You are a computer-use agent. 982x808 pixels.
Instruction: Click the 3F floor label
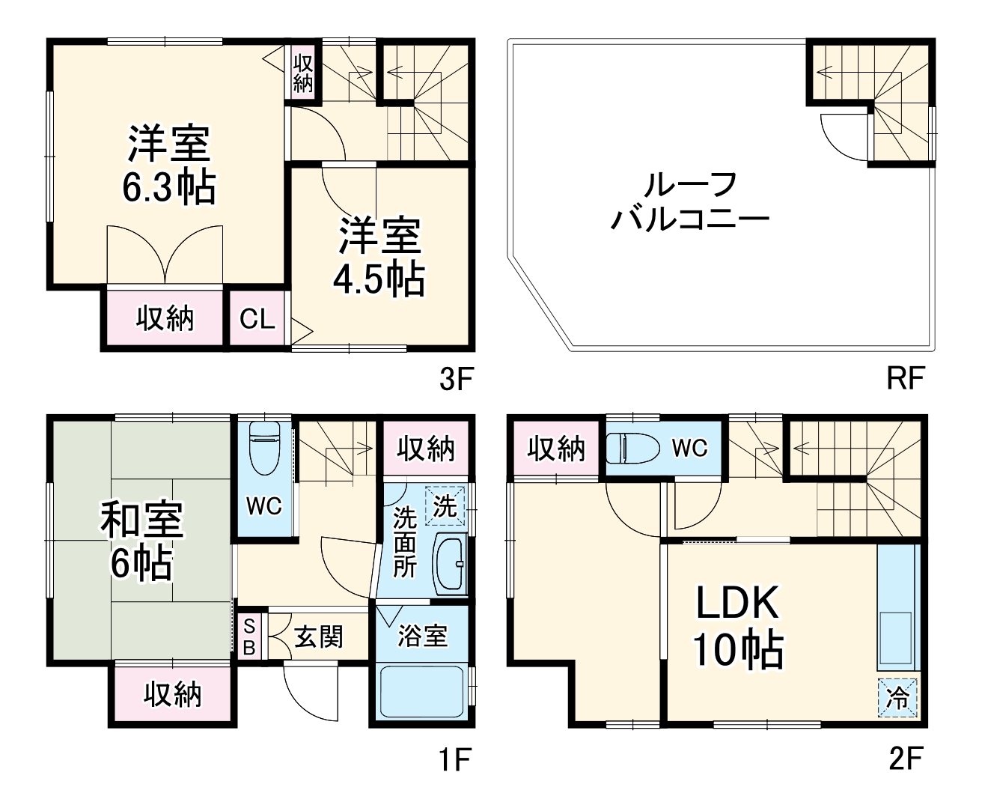coord(455,380)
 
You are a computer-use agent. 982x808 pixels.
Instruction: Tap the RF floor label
coord(905,380)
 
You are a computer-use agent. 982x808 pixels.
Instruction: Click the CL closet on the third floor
coord(257,320)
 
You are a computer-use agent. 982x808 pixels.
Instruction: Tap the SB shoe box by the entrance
coord(250,636)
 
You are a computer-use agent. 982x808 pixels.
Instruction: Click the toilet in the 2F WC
coord(632,448)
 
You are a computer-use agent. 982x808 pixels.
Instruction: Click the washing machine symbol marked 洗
coord(445,506)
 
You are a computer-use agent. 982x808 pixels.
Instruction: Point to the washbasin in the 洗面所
coord(449,565)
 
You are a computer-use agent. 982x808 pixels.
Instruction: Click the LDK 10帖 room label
coord(738,626)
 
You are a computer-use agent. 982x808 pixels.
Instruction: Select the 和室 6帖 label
coord(142,542)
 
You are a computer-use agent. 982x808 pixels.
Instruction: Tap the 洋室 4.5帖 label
coord(379,257)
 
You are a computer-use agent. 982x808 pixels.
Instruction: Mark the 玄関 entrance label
coord(319,637)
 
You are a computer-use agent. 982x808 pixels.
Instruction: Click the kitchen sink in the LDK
coord(895,640)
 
